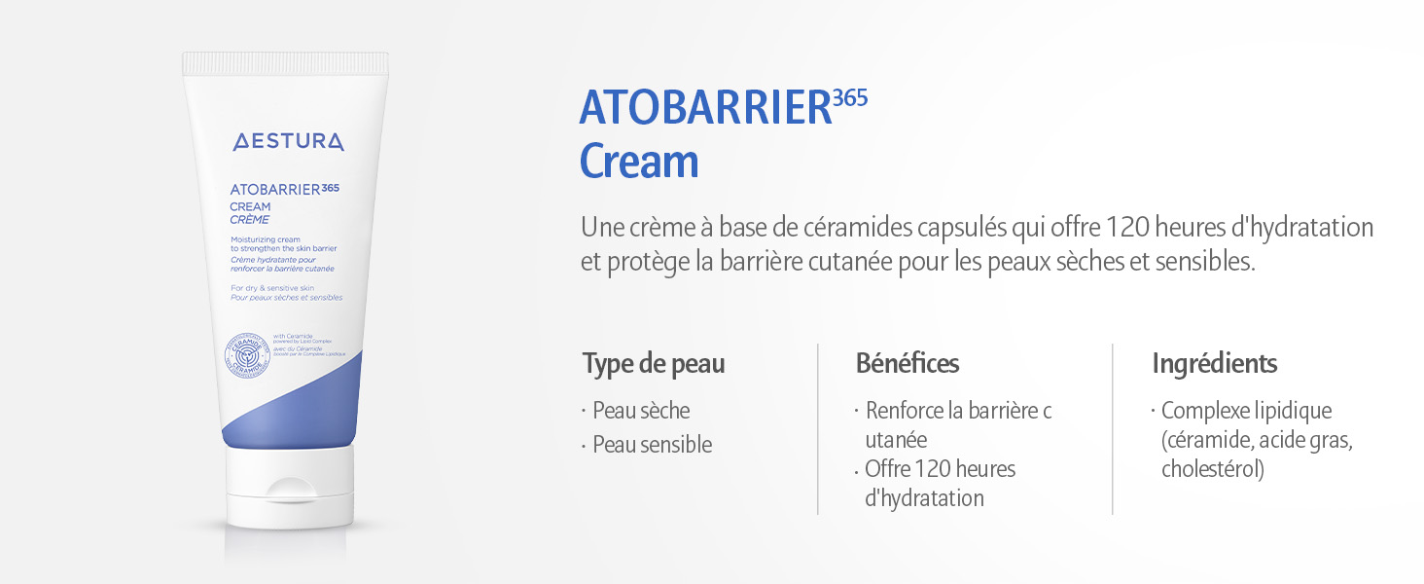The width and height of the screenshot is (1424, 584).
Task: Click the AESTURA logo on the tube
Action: pos(288,142)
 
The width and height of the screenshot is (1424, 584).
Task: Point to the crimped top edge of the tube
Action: pos(285,64)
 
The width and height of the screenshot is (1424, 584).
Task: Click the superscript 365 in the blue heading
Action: pos(850,97)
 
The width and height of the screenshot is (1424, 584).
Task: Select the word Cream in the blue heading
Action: pos(639,162)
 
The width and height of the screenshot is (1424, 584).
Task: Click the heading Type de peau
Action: pos(654,364)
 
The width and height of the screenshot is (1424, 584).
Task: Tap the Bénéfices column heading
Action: pos(908,364)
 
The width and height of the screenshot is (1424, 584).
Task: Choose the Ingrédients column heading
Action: pos(1215,364)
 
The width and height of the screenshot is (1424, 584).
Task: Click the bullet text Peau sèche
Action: pos(641,411)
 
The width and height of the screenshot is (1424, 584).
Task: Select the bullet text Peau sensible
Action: pos(653,445)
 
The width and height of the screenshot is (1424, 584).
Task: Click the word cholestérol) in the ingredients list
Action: pos(1213,469)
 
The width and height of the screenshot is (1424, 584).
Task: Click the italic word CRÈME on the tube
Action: pos(250,220)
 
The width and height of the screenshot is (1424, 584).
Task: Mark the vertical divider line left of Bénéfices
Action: pos(818,428)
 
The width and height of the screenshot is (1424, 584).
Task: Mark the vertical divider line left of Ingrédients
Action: pos(1113,428)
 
